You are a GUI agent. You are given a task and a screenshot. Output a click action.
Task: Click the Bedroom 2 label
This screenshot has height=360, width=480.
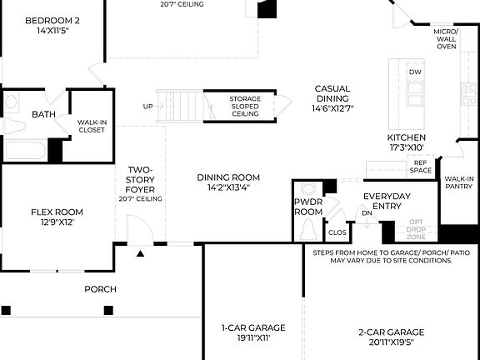click(x=52, y=25)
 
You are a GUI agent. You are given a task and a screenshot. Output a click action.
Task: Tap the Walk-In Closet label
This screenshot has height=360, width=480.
click(x=91, y=126)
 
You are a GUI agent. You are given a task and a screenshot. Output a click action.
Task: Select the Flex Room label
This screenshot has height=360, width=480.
click(x=57, y=217)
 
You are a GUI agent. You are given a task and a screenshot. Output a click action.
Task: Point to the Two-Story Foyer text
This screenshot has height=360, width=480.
click(x=140, y=184)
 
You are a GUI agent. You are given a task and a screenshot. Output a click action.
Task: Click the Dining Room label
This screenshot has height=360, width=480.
click(x=228, y=182)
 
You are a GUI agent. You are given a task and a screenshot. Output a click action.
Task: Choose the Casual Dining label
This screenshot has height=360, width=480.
click(x=332, y=97)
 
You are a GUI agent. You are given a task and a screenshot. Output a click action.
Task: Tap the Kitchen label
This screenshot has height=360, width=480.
click(x=407, y=142)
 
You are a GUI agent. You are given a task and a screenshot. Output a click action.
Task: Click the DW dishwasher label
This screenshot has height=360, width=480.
click(x=415, y=72)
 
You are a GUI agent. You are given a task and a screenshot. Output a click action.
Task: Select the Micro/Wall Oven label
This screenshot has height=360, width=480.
click(x=446, y=39)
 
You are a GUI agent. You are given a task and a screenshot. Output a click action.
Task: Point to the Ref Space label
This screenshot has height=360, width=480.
click(x=421, y=167)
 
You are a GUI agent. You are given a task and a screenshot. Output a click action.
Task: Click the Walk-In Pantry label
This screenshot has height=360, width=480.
click(x=459, y=182)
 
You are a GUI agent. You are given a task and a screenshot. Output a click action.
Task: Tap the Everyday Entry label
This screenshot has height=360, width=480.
click(x=387, y=201)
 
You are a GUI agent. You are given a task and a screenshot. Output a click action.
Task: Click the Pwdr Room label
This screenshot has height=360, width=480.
click(x=307, y=207)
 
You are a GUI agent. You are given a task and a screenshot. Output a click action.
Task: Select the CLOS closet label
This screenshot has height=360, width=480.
click(x=337, y=232)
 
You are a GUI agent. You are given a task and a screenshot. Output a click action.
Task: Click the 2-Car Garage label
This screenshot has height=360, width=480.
click(x=386, y=336)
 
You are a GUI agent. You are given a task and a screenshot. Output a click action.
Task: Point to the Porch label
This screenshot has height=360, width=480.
click(x=100, y=289)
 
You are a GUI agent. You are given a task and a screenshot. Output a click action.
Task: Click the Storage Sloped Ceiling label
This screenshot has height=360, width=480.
click(x=245, y=106)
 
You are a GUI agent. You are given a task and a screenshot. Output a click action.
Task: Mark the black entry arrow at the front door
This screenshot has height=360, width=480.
click(x=140, y=252)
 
